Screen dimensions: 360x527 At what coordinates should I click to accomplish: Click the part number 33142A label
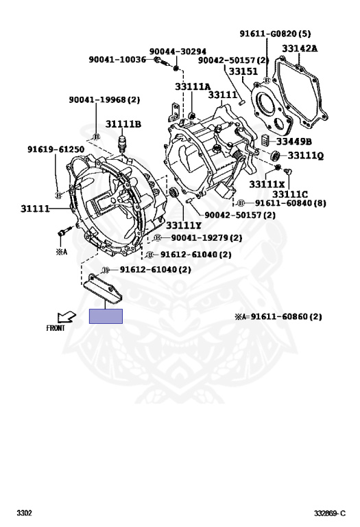click(300, 49)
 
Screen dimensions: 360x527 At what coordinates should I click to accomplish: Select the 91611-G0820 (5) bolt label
click(275, 34)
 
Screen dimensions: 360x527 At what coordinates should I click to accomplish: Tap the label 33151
click(243, 71)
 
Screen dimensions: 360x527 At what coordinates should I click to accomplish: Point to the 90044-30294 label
click(178, 51)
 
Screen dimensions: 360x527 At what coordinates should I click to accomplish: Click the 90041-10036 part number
click(117, 60)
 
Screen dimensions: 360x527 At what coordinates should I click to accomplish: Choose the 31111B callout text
click(123, 124)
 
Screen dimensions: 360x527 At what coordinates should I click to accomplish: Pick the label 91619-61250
click(56, 149)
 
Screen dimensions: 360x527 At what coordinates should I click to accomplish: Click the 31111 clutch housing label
click(35, 209)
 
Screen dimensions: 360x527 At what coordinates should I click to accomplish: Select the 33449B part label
click(294, 141)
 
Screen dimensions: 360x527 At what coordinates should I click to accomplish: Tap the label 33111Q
click(306, 155)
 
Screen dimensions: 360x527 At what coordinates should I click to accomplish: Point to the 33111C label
click(290, 194)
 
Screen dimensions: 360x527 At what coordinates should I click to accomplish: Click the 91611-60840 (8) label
click(291, 203)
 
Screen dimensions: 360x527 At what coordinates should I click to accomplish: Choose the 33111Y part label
click(184, 225)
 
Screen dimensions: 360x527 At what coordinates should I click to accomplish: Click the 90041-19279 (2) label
click(206, 237)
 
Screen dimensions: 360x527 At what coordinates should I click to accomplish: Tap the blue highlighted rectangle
click(106, 316)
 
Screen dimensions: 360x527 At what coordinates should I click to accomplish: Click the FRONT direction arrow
click(67, 317)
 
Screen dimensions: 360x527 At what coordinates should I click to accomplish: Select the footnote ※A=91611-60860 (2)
click(278, 316)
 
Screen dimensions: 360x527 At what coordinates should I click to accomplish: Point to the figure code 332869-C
click(330, 513)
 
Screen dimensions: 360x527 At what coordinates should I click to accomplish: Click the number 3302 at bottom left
click(25, 513)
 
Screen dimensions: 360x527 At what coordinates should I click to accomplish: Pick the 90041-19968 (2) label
click(104, 99)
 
